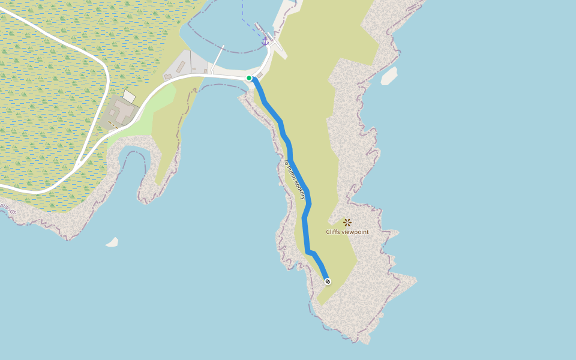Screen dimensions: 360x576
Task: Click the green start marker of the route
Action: pos(249,78)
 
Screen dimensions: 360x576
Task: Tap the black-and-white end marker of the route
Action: pos(327,281)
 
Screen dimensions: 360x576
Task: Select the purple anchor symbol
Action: pos(265,41)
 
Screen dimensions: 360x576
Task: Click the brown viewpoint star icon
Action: pos(347,223)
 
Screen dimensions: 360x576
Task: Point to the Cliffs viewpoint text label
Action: pos(347,232)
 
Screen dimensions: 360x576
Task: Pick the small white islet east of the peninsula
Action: pos(389,76)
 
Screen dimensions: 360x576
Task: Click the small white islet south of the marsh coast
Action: pos(112,242)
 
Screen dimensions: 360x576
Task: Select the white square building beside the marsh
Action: pos(129,97)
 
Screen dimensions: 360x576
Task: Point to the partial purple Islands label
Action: pos(8,209)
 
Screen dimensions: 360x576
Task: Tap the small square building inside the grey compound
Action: pos(111,112)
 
